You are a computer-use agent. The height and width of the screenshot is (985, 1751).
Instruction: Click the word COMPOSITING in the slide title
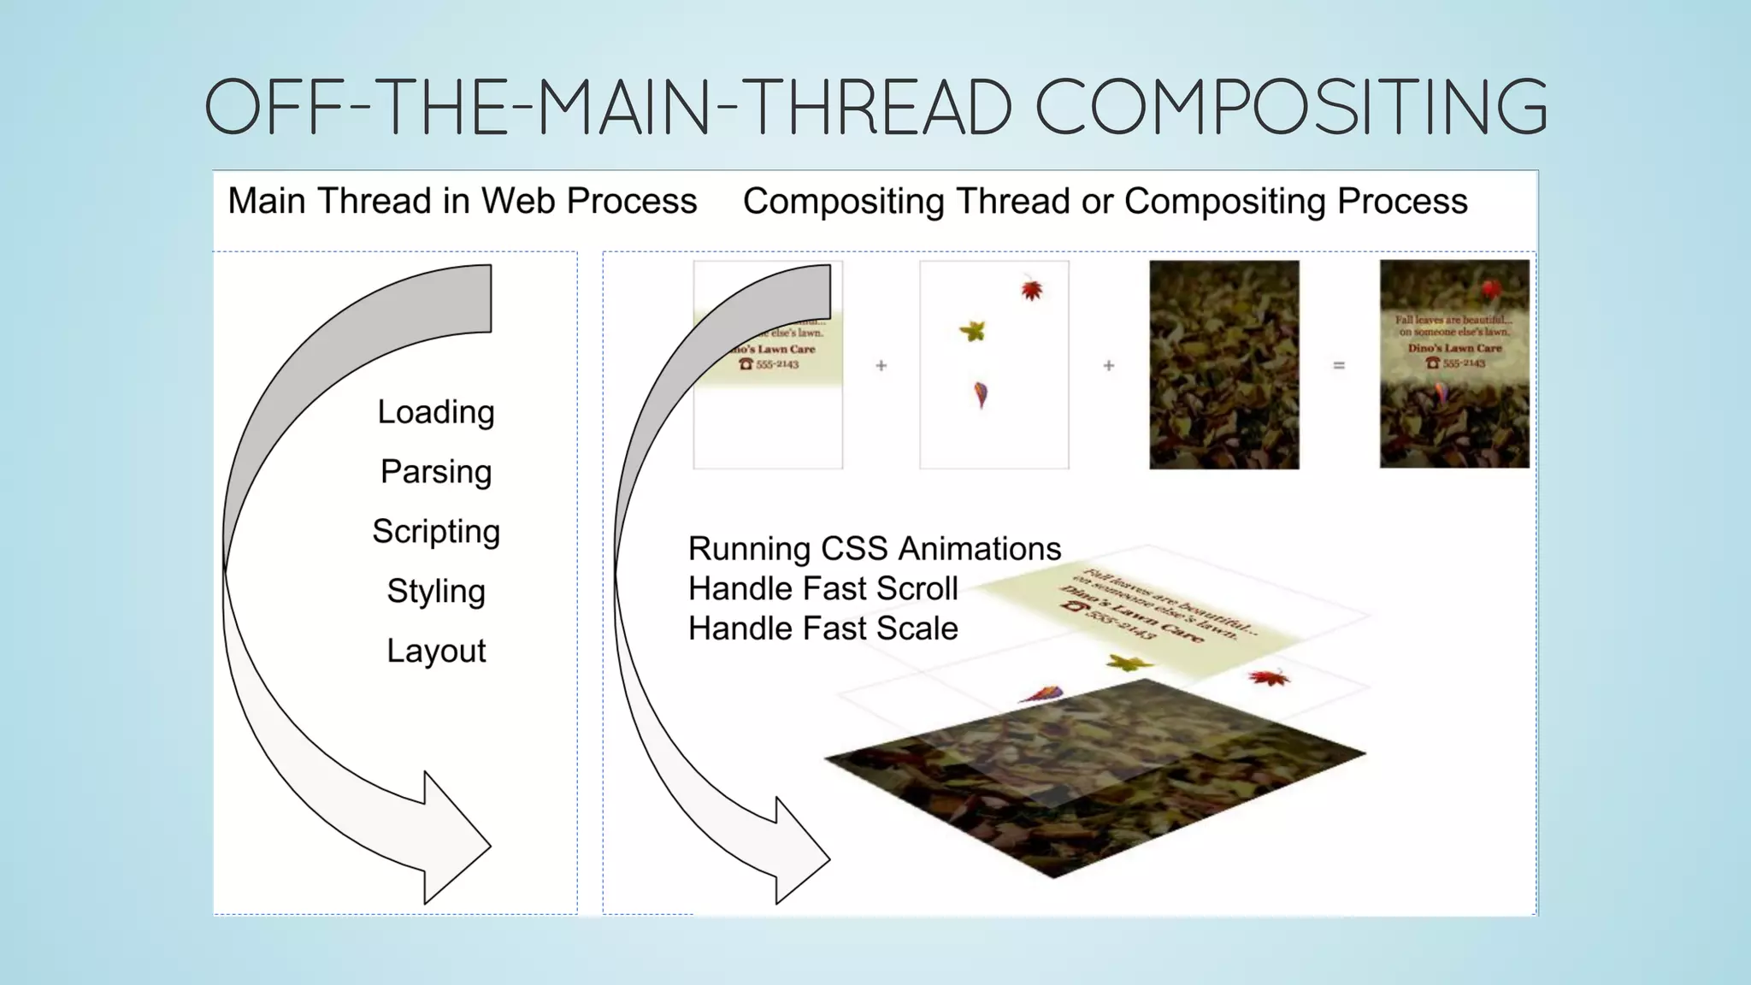pyautogui.click(x=1291, y=107)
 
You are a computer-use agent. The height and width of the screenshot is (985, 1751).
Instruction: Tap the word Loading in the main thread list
pyautogui.click(x=436, y=412)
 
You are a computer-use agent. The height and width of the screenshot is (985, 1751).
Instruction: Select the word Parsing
pyautogui.click(x=436, y=472)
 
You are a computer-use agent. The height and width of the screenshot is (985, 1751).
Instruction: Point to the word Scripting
pyautogui.click(x=436, y=532)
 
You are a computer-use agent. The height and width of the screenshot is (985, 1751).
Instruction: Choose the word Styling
pyautogui.click(x=436, y=592)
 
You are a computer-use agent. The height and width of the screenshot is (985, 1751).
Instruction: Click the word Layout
pyautogui.click(x=436, y=652)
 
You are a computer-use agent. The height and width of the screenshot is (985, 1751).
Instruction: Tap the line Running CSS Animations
pyautogui.click(x=875, y=549)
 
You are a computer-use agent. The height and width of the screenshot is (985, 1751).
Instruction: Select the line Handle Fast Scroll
pyautogui.click(x=822, y=589)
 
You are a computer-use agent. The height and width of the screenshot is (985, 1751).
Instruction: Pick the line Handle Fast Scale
pyautogui.click(x=822, y=629)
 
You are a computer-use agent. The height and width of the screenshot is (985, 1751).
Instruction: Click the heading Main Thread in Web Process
pyautogui.click(x=462, y=202)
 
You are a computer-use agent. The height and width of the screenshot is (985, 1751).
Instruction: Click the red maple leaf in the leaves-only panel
pyautogui.click(x=1032, y=290)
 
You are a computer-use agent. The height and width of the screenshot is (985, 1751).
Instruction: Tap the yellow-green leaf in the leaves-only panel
pyautogui.click(x=973, y=330)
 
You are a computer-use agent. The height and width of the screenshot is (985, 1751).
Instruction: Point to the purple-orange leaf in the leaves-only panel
pyautogui.click(x=981, y=394)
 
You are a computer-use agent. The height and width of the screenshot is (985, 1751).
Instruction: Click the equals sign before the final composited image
pyautogui.click(x=1339, y=366)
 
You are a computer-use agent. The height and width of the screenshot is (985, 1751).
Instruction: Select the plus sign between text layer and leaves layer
pyautogui.click(x=881, y=366)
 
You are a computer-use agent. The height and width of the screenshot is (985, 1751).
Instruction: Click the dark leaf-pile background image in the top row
pyautogui.click(x=1223, y=365)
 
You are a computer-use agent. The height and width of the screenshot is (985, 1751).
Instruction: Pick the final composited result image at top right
pyautogui.click(x=1453, y=365)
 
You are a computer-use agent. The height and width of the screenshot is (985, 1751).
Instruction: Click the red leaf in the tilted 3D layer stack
pyautogui.click(x=1269, y=679)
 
